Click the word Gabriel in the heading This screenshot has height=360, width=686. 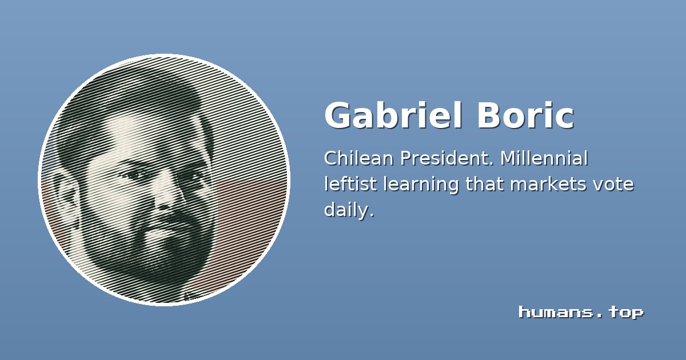pos(393,115)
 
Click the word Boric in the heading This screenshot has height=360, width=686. pos(525,115)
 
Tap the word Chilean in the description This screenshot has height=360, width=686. pos(358,158)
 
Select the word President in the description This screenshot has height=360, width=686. pos(447,158)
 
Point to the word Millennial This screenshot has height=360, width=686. pos(544,158)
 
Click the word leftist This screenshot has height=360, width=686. pos(350,184)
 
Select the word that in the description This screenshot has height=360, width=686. pos(485,184)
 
